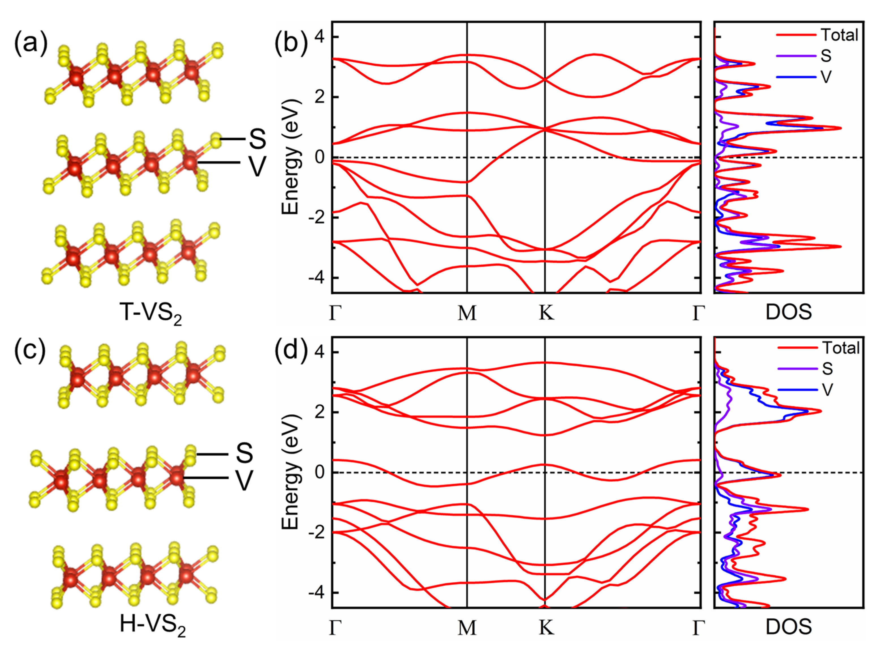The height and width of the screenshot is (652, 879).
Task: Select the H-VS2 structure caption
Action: pyautogui.click(x=152, y=626)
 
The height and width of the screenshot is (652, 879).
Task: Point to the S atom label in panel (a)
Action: pyautogui.click(x=257, y=139)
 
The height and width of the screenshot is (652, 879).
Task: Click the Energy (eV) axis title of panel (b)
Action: pyautogui.click(x=291, y=157)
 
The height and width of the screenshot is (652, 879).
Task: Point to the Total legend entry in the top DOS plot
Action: pyautogui.click(x=840, y=35)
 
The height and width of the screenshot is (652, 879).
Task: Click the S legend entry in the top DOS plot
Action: pyautogui.click(x=826, y=56)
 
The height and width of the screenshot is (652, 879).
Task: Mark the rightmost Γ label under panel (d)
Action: pyautogui.click(x=698, y=628)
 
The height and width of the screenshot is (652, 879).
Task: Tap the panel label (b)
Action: pyautogui.click(x=291, y=43)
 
